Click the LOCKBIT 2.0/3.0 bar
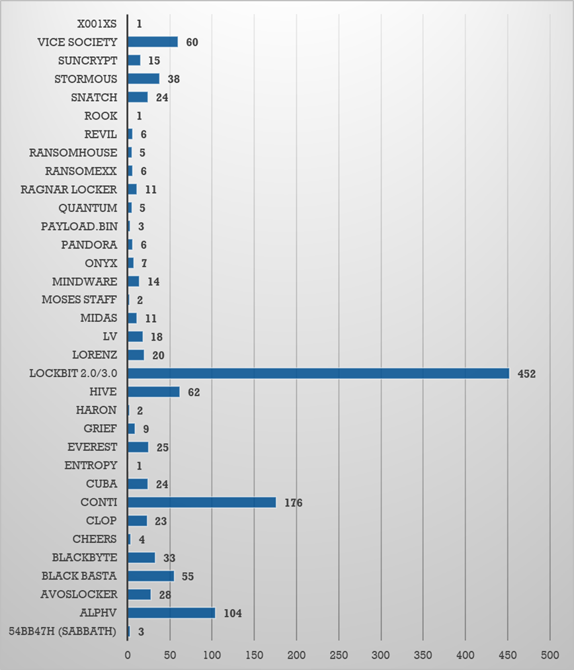(x=318, y=373)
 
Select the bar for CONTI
(x=202, y=502)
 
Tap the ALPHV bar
(x=171, y=612)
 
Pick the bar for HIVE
(x=153, y=392)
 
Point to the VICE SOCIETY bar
(x=153, y=42)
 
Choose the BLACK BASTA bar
(x=151, y=575)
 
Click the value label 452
(x=526, y=374)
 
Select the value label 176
(x=293, y=503)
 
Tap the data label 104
(x=232, y=613)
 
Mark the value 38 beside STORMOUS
(x=174, y=79)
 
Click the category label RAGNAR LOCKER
(x=69, y=189)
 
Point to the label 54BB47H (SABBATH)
(x=63, y=631)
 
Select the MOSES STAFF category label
(x=79, y=300)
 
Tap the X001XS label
(x=97, y=24)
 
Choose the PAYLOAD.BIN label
(x=79, y=226)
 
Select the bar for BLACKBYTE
(x=142, y=557)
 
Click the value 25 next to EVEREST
(x=163, y=447)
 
